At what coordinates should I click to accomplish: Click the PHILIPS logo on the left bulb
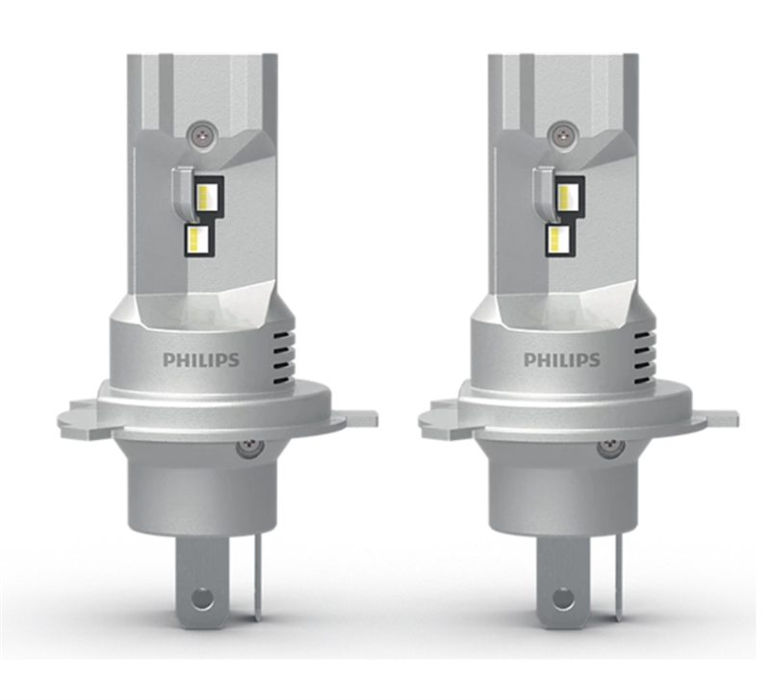tap(201, 360)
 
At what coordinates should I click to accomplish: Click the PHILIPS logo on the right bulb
tap(562, 360)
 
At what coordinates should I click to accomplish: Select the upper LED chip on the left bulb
tap(210, 197)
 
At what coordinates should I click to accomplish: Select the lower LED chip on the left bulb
tap(200, 240)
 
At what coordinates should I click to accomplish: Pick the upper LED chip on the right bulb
tap(571, 197)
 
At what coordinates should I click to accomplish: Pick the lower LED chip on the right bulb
tap(561, 240)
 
